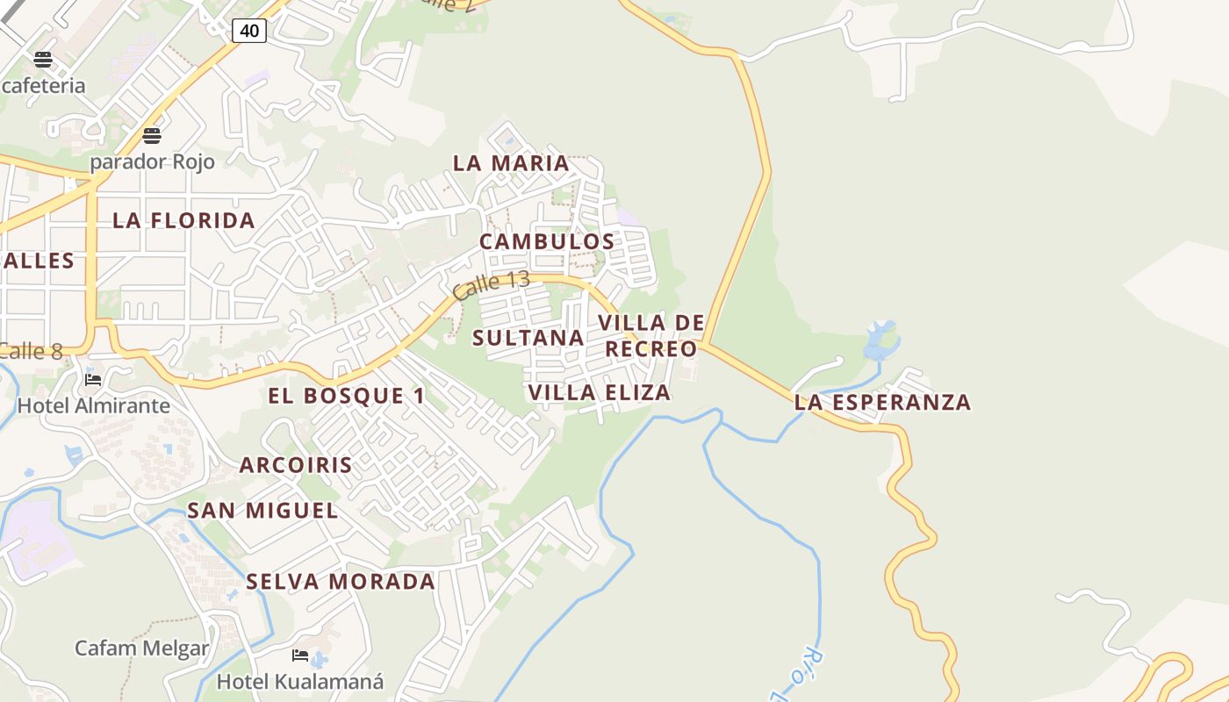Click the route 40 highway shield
[249, 31]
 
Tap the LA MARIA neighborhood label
[511, 163]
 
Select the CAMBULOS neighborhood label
[547, 241]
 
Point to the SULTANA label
[528, 338]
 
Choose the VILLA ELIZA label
[600, 392]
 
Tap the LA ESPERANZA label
[882, 403]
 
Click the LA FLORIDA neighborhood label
[183, 220]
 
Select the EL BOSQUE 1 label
[346, 396]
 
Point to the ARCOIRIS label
[296, 465]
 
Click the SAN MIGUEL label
[262, 511]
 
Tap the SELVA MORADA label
[341, 582]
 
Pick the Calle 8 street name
[32, 352]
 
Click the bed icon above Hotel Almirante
[93, 380]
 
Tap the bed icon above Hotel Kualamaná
[300, 655]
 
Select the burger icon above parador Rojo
[152, 136]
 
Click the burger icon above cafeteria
[43, 60]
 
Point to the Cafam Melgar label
[142, 648]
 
